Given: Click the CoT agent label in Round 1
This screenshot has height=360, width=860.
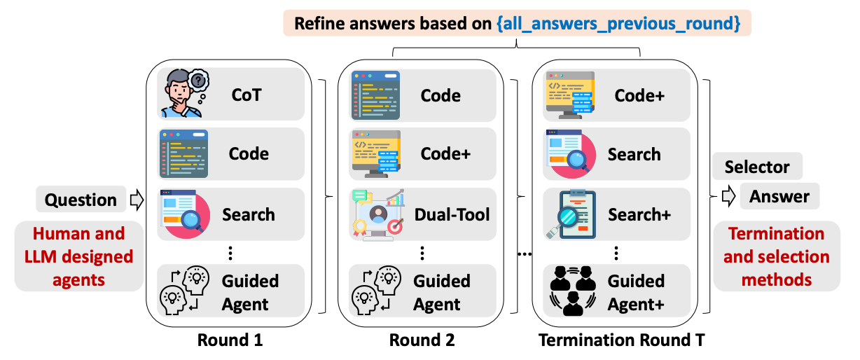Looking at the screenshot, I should click(246, 94).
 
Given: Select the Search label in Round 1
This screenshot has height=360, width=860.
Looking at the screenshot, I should click(249, 214).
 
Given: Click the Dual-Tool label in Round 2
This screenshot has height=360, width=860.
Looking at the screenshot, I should click(452, 214).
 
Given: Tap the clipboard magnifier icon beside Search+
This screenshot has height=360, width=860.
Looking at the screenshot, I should click(570, 214).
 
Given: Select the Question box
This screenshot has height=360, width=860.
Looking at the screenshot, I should click(81, 200).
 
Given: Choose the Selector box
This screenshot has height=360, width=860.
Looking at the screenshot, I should click(757, 167).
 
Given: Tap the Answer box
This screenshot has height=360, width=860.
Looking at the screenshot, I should click(779, 197).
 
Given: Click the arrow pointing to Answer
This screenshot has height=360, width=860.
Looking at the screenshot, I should click(729, 195).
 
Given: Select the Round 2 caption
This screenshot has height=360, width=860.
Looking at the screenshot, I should click(422, 340).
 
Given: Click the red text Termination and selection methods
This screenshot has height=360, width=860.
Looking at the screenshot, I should click(776, 256).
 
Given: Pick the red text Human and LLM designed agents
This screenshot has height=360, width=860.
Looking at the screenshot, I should click(78, 256).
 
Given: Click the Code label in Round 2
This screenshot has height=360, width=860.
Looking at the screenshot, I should click(441, 95).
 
